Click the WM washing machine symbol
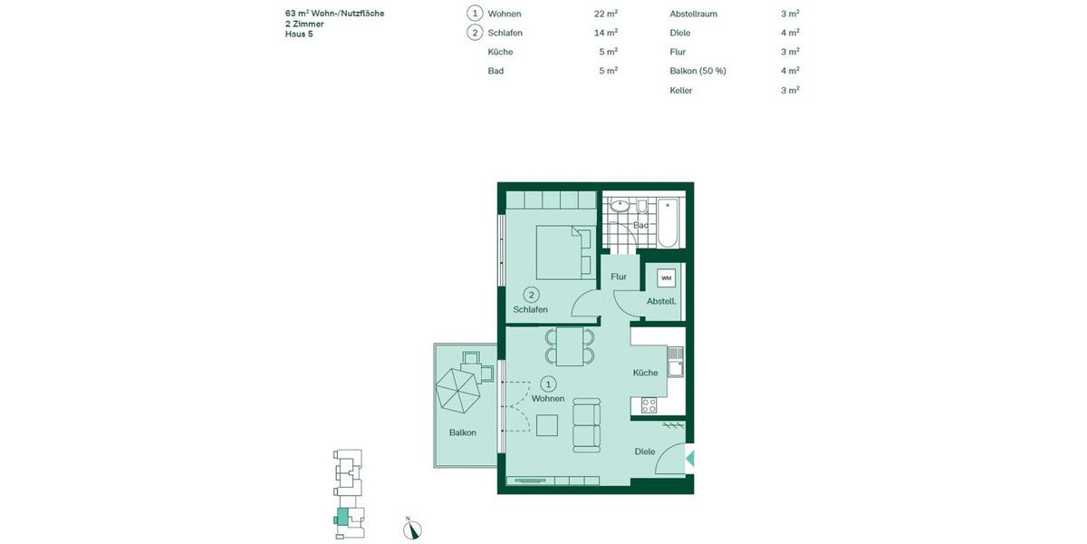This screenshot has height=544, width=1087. pyautogui.click(x=667, y=277)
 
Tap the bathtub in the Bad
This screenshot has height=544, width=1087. pyautogui.click(x=668, y=223)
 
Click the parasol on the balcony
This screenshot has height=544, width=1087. pyautogui.click(x=460, y=389)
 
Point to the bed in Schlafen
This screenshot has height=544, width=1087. pyautogui.click(x=558, y=252)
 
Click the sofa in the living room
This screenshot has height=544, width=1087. pyautogui.click(x=586, y=427)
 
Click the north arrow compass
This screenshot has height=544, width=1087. pyautogui.click(x=412, y=529)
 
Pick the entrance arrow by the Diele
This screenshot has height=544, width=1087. pyautogui.click(x=690, y=458)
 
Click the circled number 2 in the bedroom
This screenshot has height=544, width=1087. pyautogui.click(x=532, y=294)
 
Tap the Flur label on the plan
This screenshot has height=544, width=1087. pyautogui.click(x=619, y=277)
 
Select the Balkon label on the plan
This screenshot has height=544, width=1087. pyautogui.click(x=462, y=432)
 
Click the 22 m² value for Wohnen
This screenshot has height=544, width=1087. pyautogui.click(x=606, y=14)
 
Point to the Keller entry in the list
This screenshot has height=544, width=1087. pyautogui.click(x=681, y=90)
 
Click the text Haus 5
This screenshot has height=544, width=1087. pyautogui.click(x=299, y=34)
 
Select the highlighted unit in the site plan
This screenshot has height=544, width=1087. pyautogui.click(x=341, y=518)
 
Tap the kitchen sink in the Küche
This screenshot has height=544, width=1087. pyautogui.click(x=674, y=361)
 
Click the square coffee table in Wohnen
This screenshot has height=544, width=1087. pyautogui.click(x=547, y=425)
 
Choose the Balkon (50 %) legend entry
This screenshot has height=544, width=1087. pyautogui.click(x=697, y=71)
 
